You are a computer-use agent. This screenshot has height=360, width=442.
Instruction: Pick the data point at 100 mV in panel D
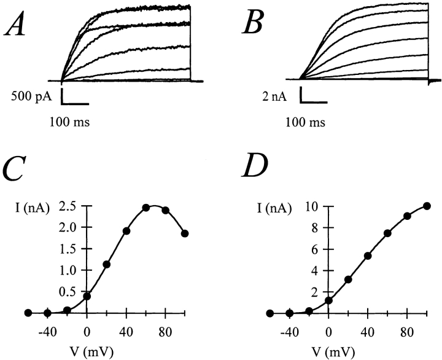(427, 206)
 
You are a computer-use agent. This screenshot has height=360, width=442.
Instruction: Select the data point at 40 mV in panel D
(368, 256)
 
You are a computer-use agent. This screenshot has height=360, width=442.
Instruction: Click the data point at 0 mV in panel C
(87, 296)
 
